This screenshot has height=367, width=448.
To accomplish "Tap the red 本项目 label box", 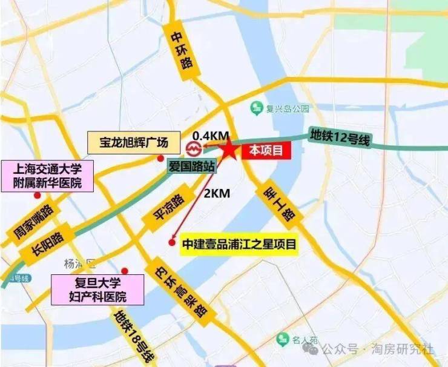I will [x=266, y=151].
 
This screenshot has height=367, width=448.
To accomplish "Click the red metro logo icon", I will [x=193, y=148].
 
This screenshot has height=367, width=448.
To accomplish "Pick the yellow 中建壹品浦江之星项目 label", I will [x=240, y=245].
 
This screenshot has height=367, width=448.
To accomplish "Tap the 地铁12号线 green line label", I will [x=339, y=136].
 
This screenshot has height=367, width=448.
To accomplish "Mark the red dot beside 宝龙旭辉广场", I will [x=160, y=159].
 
